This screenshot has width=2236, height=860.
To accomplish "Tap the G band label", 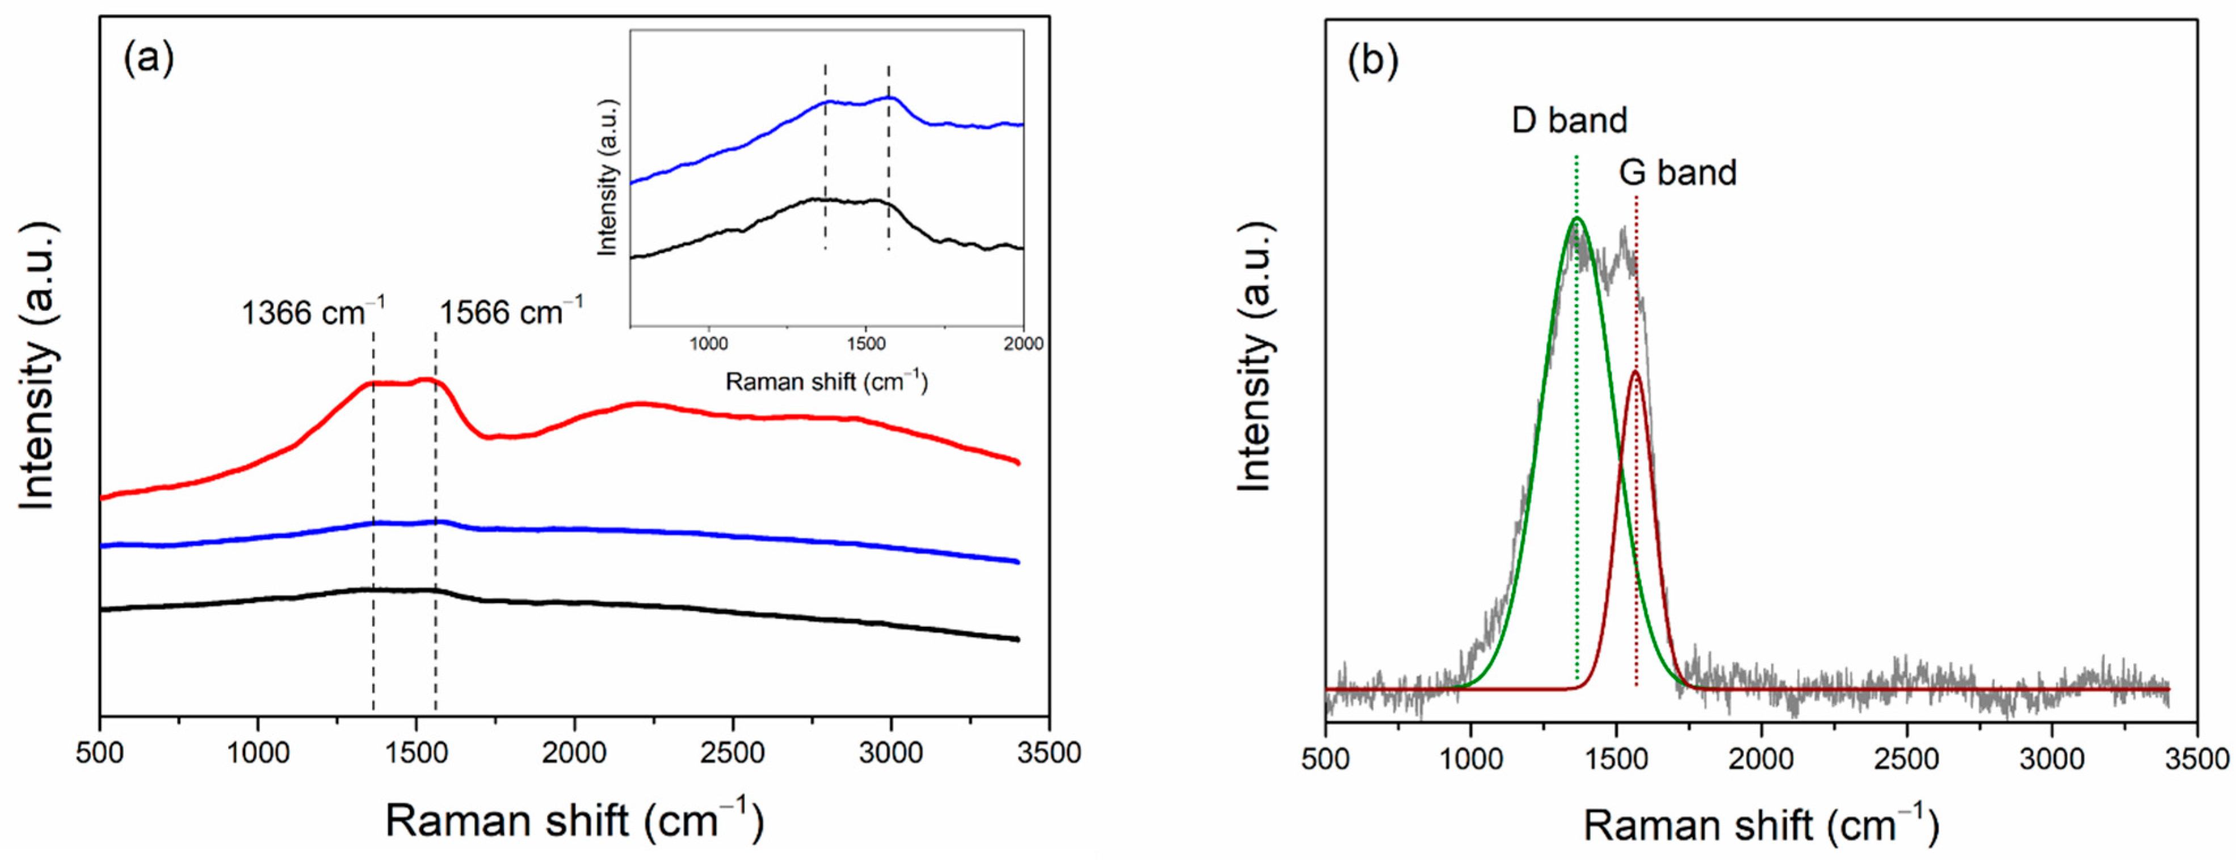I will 1677,172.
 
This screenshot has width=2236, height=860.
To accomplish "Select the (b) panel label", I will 1372,62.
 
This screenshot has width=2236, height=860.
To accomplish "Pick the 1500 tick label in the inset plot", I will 865,344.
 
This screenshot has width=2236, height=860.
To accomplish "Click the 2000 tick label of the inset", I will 1023,344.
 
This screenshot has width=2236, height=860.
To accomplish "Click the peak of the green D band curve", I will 1577,219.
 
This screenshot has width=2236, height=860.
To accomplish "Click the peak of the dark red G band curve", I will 1636,372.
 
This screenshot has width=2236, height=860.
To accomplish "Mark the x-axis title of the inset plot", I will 826,381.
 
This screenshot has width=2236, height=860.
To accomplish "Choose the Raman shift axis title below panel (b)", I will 1760,824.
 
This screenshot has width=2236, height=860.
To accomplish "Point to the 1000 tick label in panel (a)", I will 258,752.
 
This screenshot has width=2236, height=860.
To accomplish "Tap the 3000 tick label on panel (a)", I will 890,752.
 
